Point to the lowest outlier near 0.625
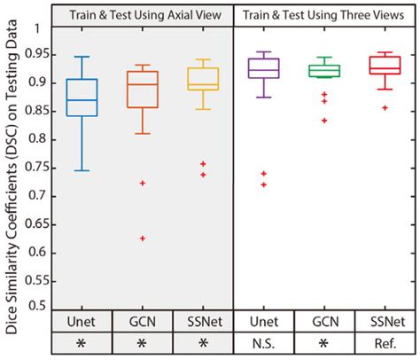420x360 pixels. (142, 239)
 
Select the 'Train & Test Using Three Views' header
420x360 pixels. (324, 14)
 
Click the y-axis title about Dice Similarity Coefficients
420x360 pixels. (13, 177)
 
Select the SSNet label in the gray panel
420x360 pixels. (203, 321)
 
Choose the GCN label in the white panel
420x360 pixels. (324, 321)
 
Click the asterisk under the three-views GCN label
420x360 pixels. (324, 343)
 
